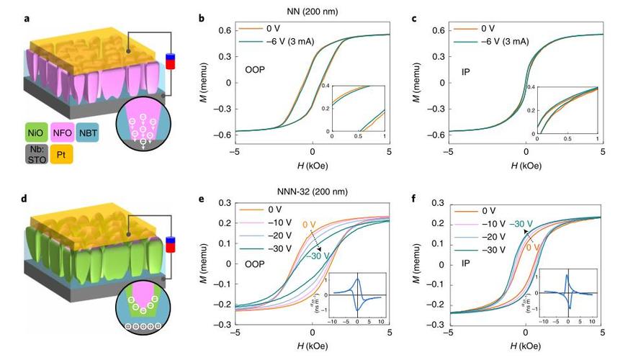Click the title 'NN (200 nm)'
pos(310,9)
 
